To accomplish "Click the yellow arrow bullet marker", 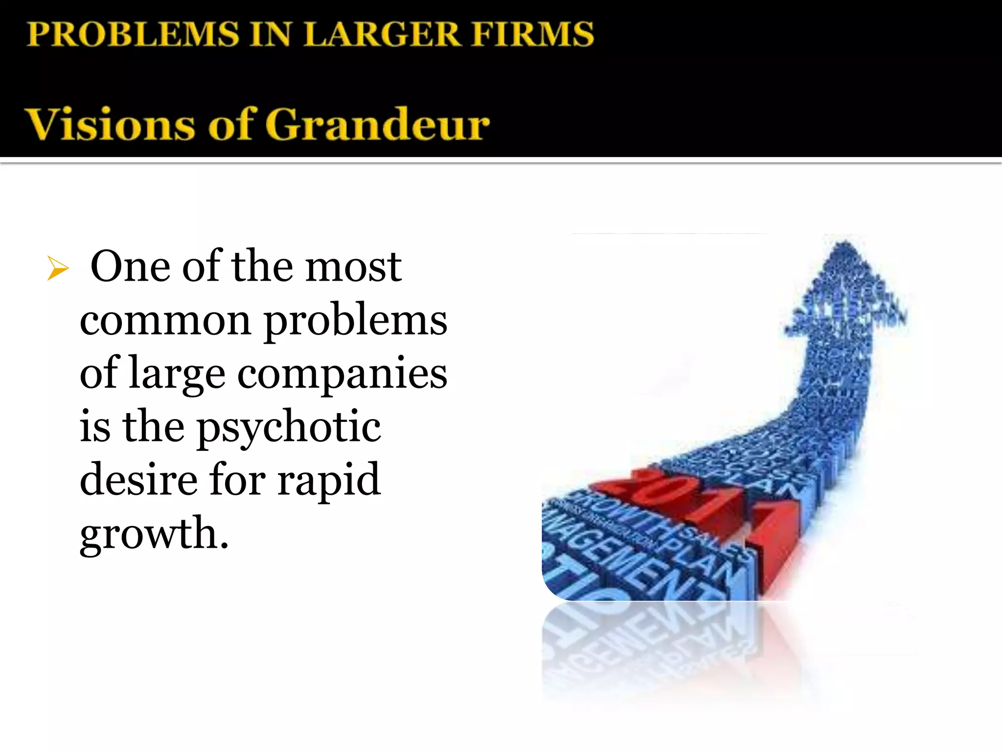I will [58, 268].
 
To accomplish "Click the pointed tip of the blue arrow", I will [845, 243].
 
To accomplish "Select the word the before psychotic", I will [153, 426].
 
